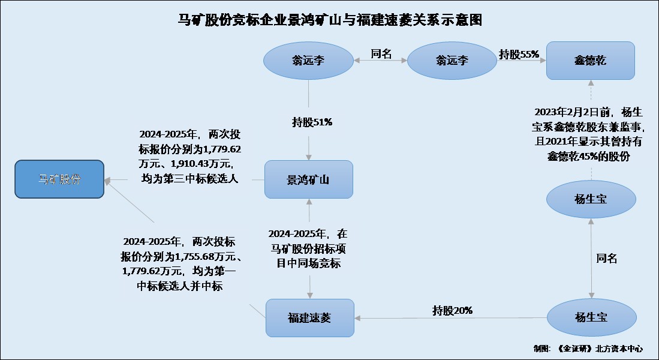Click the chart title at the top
click(x=330, y=20)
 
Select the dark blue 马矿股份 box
click(x=59, y=179)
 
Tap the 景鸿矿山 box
click(x=309, y=179)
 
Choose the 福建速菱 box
click(x=309, y=317)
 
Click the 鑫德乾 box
click(x=590, y=60)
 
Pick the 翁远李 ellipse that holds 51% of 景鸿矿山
click(x=309, y=60)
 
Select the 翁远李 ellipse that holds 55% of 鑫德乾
click(x=452, y=60)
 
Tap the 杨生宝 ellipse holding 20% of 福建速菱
click(x=591, y=317)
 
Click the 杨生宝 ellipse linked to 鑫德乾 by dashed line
click(x=591, y=199)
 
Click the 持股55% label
click(x=519, y=54)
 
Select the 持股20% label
click(x=453, y=310)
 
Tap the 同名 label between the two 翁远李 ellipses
click(x=381, y=54)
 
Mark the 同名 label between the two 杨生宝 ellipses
click(x=606, y=259)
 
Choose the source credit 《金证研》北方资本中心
click(x=599, y=348)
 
